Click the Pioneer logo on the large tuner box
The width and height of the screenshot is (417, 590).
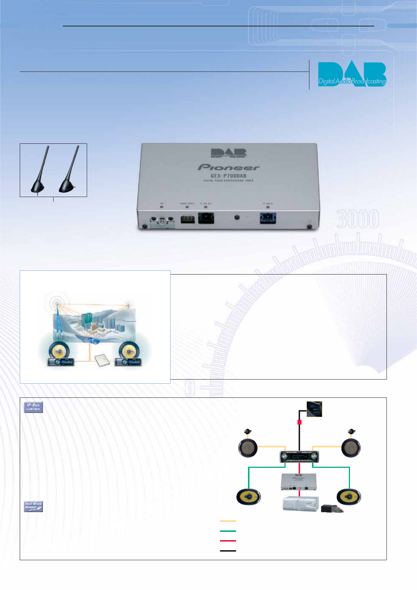coord(228,167)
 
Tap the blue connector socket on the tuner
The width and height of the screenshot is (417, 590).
coord(268,218)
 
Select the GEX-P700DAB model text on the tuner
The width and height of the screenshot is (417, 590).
coord(228,176)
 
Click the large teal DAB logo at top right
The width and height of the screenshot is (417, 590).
coord(352,74)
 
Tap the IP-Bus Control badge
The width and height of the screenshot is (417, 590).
coord(34,407)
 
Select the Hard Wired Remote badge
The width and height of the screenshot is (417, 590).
coord(34,506)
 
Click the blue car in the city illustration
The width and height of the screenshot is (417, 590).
coord(92,340)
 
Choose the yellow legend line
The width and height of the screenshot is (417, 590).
coord(228,521)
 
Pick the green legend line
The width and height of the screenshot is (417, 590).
coord(228,531)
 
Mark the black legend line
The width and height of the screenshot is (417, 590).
coord(228,551)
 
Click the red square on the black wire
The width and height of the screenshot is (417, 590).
coord(299,422)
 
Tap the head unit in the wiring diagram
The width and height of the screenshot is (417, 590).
coord(299,457)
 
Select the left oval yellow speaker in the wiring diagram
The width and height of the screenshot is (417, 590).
coord(249,497)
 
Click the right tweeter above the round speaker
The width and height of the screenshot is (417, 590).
coord(351,432)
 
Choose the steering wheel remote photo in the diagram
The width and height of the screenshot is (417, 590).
coord(314,409)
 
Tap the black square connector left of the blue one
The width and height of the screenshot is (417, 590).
coord(206,218)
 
